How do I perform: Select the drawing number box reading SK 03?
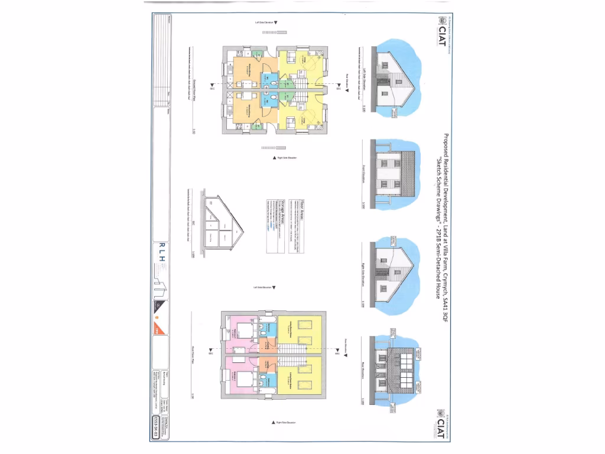click(156, 420)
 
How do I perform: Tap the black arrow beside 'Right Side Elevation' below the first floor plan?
click(277, 422)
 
